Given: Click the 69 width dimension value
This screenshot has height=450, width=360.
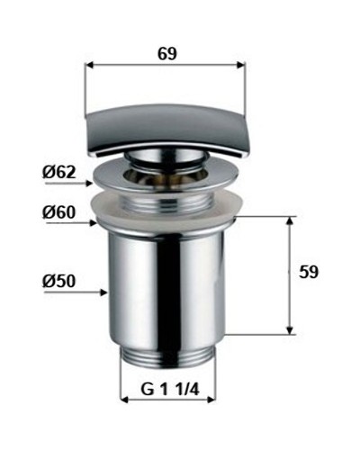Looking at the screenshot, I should (165, 53).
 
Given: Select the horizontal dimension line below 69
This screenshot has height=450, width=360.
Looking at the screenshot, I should (165, 65).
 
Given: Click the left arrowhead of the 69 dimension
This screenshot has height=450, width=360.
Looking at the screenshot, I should (89, 65).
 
